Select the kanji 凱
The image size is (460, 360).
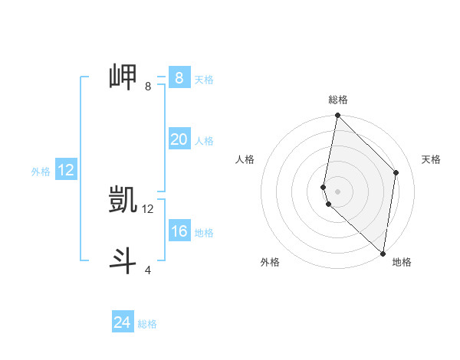point(123,200)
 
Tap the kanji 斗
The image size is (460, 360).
point(123,260)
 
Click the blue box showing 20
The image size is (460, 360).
point(179,139)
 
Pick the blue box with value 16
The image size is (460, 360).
point(179,231)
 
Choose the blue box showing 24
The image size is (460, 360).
point(123,322)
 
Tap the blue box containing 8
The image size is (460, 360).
point(179,77)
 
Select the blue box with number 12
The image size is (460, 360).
point(66,170)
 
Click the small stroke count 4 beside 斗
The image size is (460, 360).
point(147,270)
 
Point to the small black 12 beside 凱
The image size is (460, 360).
point(147,208)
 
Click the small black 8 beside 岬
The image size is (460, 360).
point(147,86)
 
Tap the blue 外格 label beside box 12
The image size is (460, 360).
point(41,172)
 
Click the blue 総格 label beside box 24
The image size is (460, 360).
point(147,324)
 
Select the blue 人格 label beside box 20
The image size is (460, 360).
point(204,141)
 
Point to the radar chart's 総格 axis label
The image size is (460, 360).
point(337,100)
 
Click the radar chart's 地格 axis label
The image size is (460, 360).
point(402,262)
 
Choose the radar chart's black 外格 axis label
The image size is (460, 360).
point(270,262)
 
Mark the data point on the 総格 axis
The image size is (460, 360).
point(337,116)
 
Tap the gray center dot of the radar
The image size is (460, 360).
point(337,191)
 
